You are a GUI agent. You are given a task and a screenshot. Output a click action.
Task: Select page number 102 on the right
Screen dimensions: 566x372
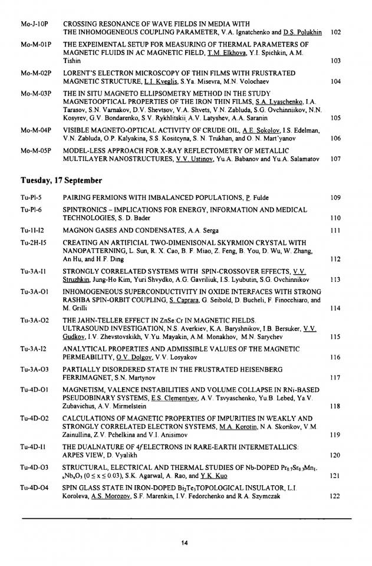336,32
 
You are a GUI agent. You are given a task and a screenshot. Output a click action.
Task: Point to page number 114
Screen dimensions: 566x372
336,308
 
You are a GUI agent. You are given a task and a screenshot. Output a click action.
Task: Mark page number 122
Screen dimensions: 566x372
336,496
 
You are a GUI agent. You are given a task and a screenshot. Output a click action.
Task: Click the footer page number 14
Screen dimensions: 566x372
185,542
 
